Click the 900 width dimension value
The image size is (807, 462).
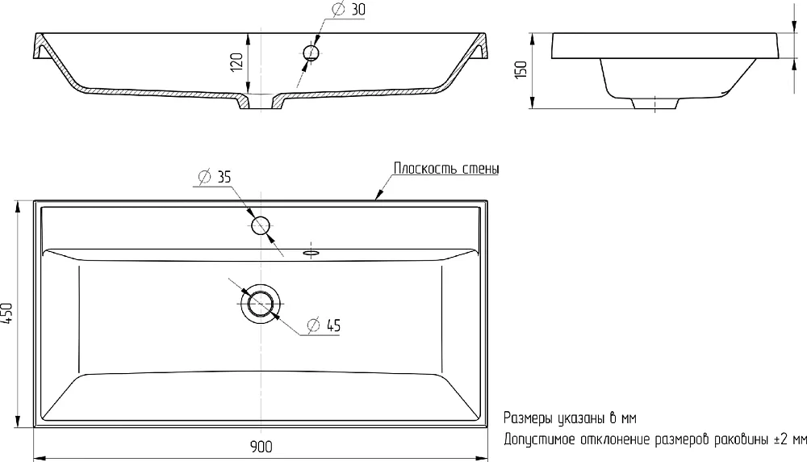[261, 447]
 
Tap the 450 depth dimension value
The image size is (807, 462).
[7, 313]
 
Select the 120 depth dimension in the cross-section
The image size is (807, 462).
[236, 62]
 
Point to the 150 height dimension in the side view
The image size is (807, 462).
[521, 69]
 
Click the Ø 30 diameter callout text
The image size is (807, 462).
[349, 9]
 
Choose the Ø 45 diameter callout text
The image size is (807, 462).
[324, 325]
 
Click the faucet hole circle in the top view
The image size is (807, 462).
[261, 225]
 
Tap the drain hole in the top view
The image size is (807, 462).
[261, 304]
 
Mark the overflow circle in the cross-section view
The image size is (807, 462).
[312, 52]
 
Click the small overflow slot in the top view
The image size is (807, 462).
[312, 253]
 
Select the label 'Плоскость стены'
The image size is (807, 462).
[446, 169]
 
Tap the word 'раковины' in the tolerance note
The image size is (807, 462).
[741, 440]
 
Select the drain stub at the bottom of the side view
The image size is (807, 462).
[654, 103]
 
